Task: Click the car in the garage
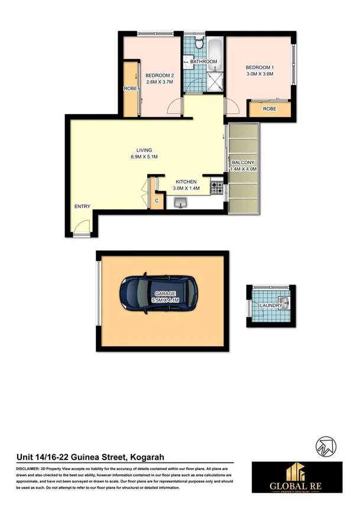[x=158, y=293]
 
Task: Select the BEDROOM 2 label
[x=160, y=75]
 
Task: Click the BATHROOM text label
[x=203, y=61]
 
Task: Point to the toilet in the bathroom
[x=199, y=44]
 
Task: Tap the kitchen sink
[x=180, y=204]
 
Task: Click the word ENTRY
[x=82, y=206]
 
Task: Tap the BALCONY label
[x=243, y=162]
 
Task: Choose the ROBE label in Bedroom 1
[x=270, y=109]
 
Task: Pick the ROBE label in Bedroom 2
[x=130, y=89]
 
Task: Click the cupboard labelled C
[x=157, y=201]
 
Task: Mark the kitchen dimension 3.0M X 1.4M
[x=187, y=188]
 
